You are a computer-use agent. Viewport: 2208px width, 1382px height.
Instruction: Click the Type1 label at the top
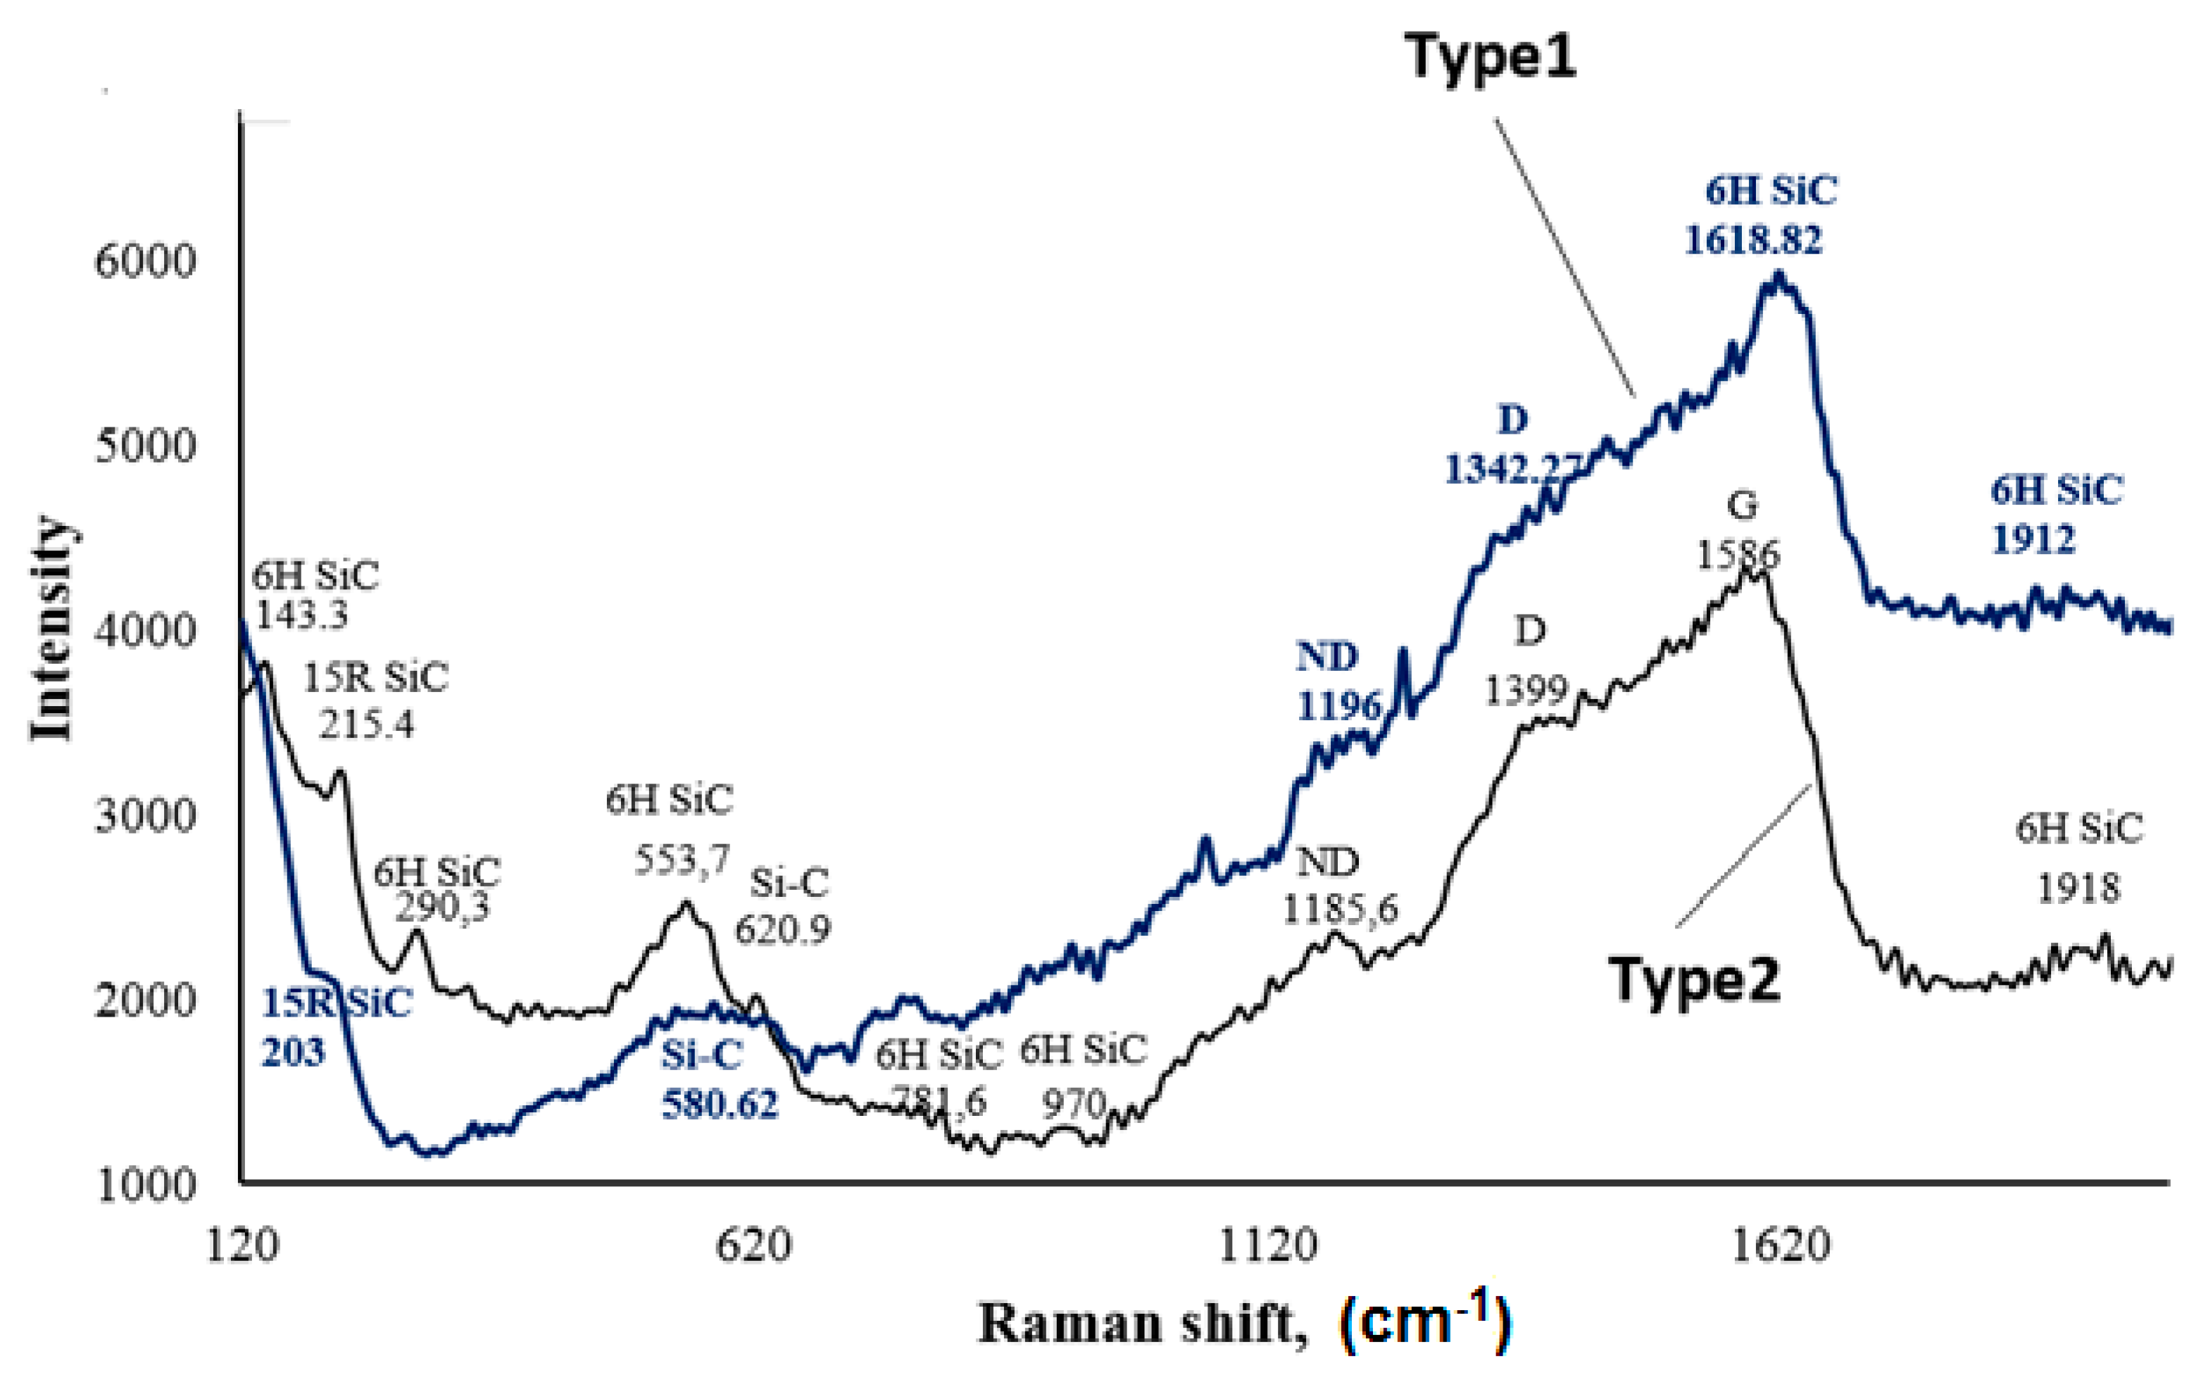click(1490, 56)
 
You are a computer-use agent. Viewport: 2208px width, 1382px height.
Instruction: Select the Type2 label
click(1695, 981)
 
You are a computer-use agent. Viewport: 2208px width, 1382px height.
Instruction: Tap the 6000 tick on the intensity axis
click(145, 263)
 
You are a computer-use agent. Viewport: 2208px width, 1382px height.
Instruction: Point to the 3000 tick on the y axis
click(145, 815)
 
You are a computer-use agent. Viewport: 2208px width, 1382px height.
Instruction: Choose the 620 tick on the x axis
click(752, 1245)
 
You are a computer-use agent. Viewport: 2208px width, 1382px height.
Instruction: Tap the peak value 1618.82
click(1753, 240)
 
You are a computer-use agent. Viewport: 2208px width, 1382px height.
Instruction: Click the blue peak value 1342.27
click(1512, 469)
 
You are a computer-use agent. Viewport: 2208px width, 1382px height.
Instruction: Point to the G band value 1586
click(1738, 554)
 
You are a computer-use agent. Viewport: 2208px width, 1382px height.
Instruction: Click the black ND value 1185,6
click(1340, 910)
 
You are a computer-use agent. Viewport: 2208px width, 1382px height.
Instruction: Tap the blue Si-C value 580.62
click(720, 1104)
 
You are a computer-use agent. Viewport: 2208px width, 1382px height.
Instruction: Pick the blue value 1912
click(2033, 539)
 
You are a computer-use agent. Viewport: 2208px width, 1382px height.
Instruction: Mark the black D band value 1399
click(1525, 690)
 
